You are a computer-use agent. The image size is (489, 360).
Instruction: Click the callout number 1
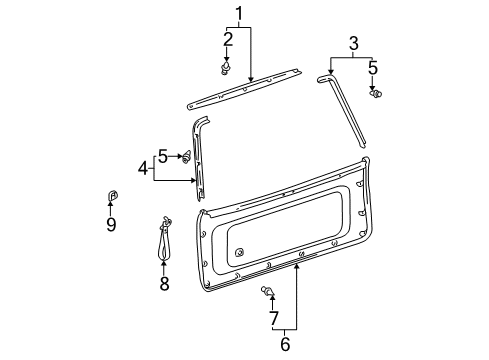(x=238, y=13)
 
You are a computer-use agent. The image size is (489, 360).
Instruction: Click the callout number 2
(x=228, y=39)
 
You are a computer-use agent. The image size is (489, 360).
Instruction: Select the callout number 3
(x=353, y=43)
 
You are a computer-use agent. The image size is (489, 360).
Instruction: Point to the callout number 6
(x=284, y=344)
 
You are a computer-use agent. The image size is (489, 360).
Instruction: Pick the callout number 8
(x=165, y=283)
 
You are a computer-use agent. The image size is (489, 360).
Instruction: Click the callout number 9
(x=111, y=224)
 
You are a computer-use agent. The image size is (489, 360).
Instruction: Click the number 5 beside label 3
(x=372, y=68)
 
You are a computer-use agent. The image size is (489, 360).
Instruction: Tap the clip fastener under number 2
(x=225, y=68)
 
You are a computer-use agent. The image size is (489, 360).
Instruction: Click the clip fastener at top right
(x=377, y=94)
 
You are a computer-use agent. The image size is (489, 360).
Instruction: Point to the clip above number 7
(x=268, y=292)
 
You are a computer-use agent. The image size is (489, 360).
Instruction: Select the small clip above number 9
(x=111, y=194)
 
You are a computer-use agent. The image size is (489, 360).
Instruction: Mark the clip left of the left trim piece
(x=186, y=156)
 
